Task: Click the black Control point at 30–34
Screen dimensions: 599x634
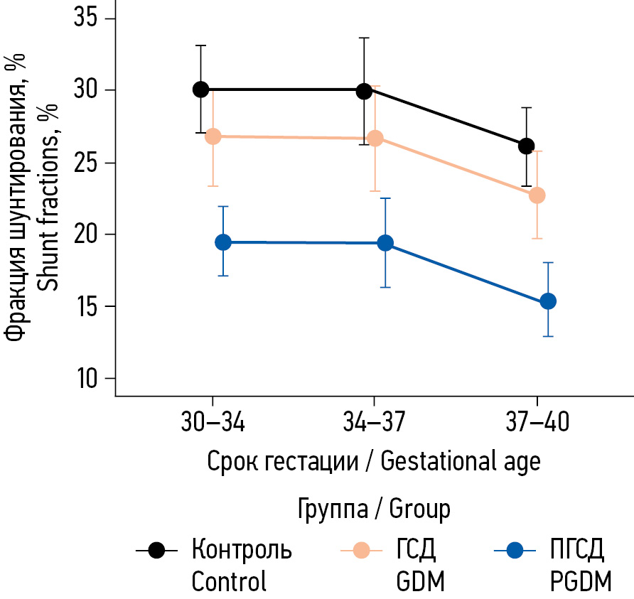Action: click(200, 90)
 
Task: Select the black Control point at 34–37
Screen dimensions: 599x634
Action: click(364, 91)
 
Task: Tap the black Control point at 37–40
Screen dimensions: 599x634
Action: click(526, 146)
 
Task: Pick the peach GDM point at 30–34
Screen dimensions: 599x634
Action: click(213, 136)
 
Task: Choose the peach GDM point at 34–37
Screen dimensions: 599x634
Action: click(375, 139)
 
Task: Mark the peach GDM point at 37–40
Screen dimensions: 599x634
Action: click(537, 195)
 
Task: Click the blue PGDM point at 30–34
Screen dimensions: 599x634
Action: click(223, 242)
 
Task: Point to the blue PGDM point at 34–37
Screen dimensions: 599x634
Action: click(385, 243)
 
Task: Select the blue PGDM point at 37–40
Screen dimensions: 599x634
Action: click(548, 301)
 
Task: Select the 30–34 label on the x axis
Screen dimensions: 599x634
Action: click(212, 423)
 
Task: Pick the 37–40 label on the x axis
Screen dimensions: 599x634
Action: click(537, 423)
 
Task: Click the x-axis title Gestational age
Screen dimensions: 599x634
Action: click(461, 461)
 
